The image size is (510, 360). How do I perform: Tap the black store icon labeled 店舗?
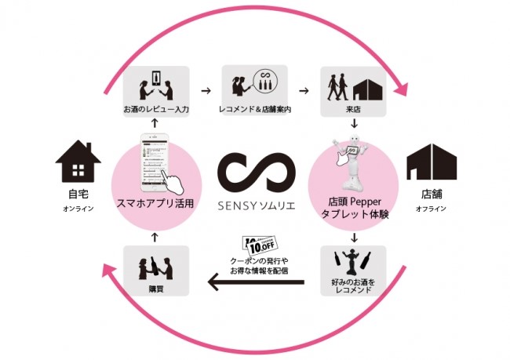[431, 162]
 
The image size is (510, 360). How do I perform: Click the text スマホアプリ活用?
[155, 205]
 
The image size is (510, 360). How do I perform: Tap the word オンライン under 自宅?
[79, 209]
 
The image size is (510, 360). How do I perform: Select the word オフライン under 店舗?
[431, 209]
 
